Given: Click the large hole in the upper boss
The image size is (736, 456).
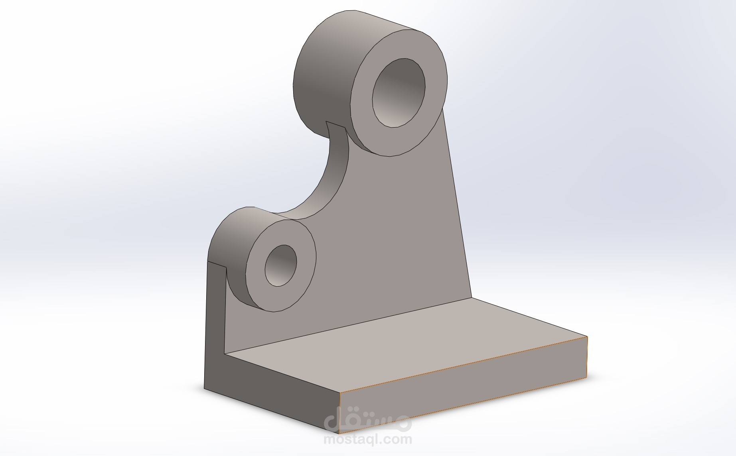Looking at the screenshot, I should [399, 93].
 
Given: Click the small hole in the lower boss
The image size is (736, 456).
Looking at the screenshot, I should [280, 265].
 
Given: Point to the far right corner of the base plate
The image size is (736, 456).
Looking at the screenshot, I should [587, 337].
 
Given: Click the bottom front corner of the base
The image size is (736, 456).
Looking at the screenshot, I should [339, 433].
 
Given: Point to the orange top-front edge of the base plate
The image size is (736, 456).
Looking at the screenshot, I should [463, 365].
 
